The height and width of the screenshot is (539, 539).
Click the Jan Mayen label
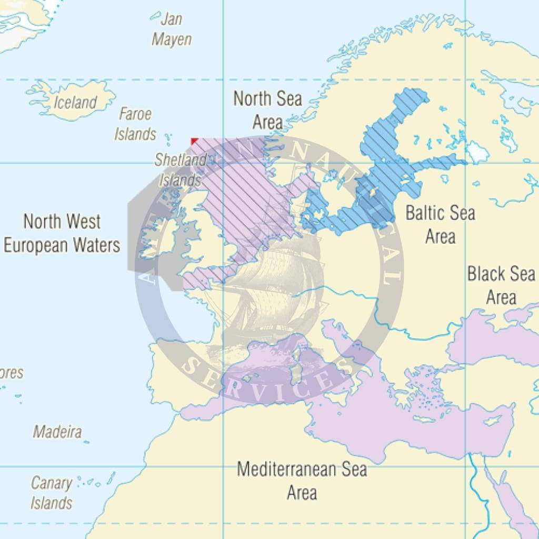(172, 29)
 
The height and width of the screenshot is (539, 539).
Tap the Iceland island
(74, 99)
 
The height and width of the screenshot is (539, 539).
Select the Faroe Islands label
(135, 124)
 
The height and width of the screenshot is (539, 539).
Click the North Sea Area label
(267, 110)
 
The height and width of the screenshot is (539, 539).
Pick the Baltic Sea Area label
(440, 224)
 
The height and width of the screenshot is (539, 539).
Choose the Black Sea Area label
(501, 285)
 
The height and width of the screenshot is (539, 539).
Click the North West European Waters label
(62, 233)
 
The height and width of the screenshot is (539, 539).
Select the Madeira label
(57, 432)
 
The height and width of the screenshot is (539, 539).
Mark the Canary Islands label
(51, 493)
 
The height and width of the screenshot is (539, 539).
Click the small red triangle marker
(194, 141)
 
